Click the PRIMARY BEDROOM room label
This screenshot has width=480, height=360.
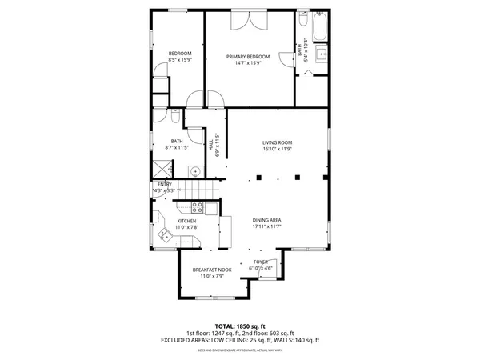[x=247, y=56]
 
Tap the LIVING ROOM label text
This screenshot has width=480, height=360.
[x=278, y=143]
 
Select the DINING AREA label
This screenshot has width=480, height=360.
[x=267, y=221]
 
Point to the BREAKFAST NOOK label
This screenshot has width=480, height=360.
[x=212, y=270]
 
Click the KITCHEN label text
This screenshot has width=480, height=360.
[x=186, y=221]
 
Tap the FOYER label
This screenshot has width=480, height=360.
[x=261, y=262]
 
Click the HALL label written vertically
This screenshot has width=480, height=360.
[x=212, y=147]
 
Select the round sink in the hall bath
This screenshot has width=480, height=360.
[x=194, y=170]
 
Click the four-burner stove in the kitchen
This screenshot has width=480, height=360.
[x=210, y=208]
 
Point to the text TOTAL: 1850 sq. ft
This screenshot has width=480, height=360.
[x=239, y=326]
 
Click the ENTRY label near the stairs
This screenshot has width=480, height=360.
[x=165, y=184]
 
